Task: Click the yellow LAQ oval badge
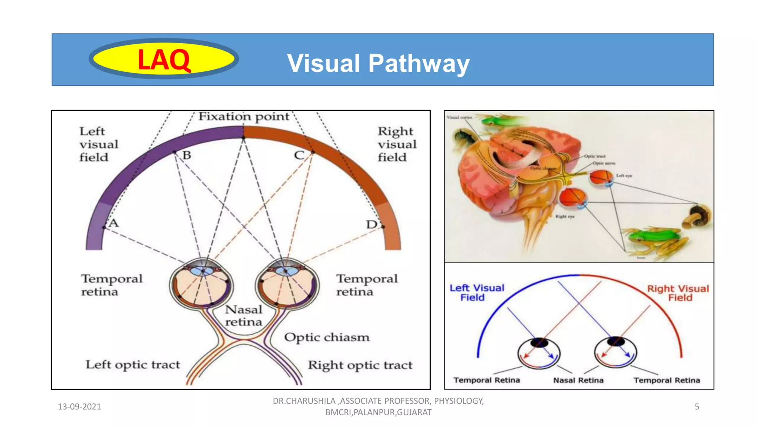164,59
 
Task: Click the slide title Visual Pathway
378,63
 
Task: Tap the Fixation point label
244,116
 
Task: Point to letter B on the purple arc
187,155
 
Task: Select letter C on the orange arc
299,155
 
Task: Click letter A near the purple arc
113,223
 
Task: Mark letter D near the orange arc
371,224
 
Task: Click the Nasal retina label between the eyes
244,315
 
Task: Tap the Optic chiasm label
327,337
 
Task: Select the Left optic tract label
133,365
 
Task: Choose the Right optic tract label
360,365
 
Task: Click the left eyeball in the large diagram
201,283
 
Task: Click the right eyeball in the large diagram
287,283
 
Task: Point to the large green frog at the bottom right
654,240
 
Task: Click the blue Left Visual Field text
476,293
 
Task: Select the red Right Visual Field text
678,293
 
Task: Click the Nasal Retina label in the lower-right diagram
578,380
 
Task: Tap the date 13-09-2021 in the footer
79,407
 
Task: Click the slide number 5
697,407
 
